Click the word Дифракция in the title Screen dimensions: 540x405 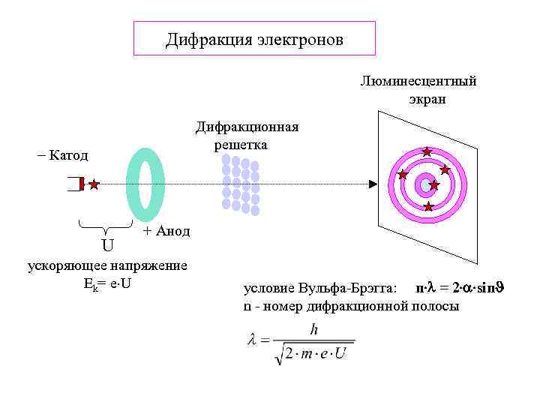click(x=205, y=39)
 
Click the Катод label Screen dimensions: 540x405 click(x=66, y=156)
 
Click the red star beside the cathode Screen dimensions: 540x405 click(x=94, y=184)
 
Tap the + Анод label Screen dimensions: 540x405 click(x=166, y=231)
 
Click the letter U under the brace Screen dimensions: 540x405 click(x=108, y=245)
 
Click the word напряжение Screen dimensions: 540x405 click(x=149, y=265)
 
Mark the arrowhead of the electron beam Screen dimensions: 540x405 click(x=372, y=184)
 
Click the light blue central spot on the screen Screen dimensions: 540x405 click(x=425, y=184)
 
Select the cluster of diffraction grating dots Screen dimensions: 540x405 click(x=240, y=184)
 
